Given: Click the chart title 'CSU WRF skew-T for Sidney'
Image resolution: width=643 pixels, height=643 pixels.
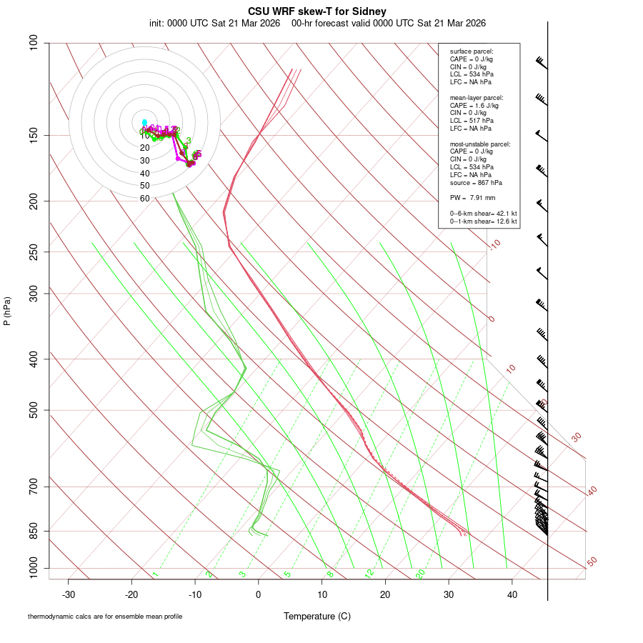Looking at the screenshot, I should tap(317, 11).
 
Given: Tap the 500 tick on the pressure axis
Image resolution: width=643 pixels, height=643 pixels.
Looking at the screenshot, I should tap(34, 410).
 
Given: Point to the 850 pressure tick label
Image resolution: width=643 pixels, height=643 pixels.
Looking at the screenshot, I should tap(34, 531).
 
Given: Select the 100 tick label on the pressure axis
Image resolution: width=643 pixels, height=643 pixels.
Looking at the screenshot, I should tap(34, 43).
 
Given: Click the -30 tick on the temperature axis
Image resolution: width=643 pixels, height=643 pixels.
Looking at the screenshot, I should tap(69, 594).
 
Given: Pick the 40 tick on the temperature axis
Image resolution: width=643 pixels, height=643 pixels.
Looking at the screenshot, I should tap(512, 594).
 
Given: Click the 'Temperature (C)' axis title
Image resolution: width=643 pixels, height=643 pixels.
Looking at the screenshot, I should tap(317, 616).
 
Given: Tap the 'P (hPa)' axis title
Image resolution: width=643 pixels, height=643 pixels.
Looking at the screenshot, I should tap(7, 311).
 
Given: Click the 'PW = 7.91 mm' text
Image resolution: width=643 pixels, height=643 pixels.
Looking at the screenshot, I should tap(472, 198).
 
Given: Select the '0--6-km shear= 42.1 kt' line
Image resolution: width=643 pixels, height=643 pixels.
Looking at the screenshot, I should tap(483, 214).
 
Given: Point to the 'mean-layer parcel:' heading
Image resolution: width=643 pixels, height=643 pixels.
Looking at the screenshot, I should tap(477, 97).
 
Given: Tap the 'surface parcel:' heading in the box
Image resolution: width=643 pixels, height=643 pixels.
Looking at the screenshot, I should tap(472, 51).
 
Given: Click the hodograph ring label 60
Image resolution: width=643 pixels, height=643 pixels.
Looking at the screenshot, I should tap(145, 199).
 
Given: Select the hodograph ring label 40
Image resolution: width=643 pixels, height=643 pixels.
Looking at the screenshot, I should tap(145, 174).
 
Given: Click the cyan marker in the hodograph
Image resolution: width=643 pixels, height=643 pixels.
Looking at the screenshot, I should tap(144, 122).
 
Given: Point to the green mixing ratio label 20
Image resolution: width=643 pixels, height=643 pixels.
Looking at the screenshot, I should tap(420, 574).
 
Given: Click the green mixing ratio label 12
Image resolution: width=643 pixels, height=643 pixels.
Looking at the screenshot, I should tap(369, 574).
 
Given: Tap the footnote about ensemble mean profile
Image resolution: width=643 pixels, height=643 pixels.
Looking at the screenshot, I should tap(105, 617).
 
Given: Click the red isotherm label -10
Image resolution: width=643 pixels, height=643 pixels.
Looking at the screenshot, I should tap(494, 244).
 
